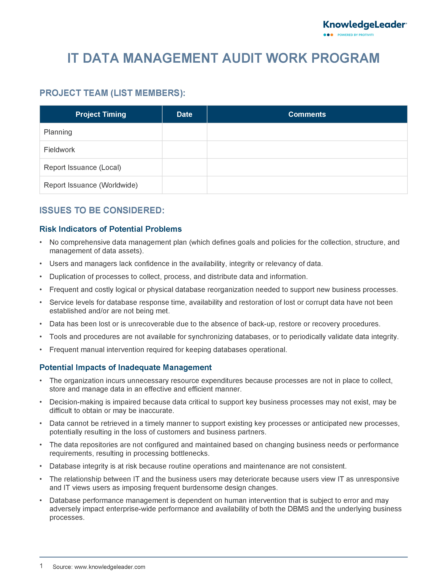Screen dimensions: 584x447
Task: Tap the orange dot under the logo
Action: (x=332, y=35)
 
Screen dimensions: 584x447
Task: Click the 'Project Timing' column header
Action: (x=101, y=114)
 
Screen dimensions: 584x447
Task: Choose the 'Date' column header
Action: (x=184, y=114)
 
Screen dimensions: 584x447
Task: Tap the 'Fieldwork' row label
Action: (x=59, y=150)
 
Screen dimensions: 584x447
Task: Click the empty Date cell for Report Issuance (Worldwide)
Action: (x=184, y=185)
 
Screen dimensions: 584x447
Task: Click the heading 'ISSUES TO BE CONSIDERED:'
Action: (x=102, y=210)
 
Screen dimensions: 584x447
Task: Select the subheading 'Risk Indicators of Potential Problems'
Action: (x=110, y=229)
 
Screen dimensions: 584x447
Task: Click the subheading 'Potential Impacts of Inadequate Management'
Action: (x=125, y=367)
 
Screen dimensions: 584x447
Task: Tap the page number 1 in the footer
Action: (x=41, y=566)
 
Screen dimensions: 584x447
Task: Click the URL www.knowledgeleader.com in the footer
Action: (x=110, y=567)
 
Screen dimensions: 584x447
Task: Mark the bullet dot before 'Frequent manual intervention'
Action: (x=41, y=350)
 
